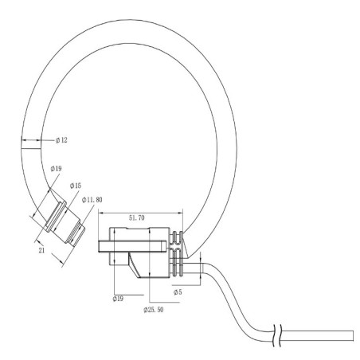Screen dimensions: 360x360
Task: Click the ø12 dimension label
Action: tap(62, 140)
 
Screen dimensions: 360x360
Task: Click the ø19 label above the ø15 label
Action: tap(56, 169)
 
